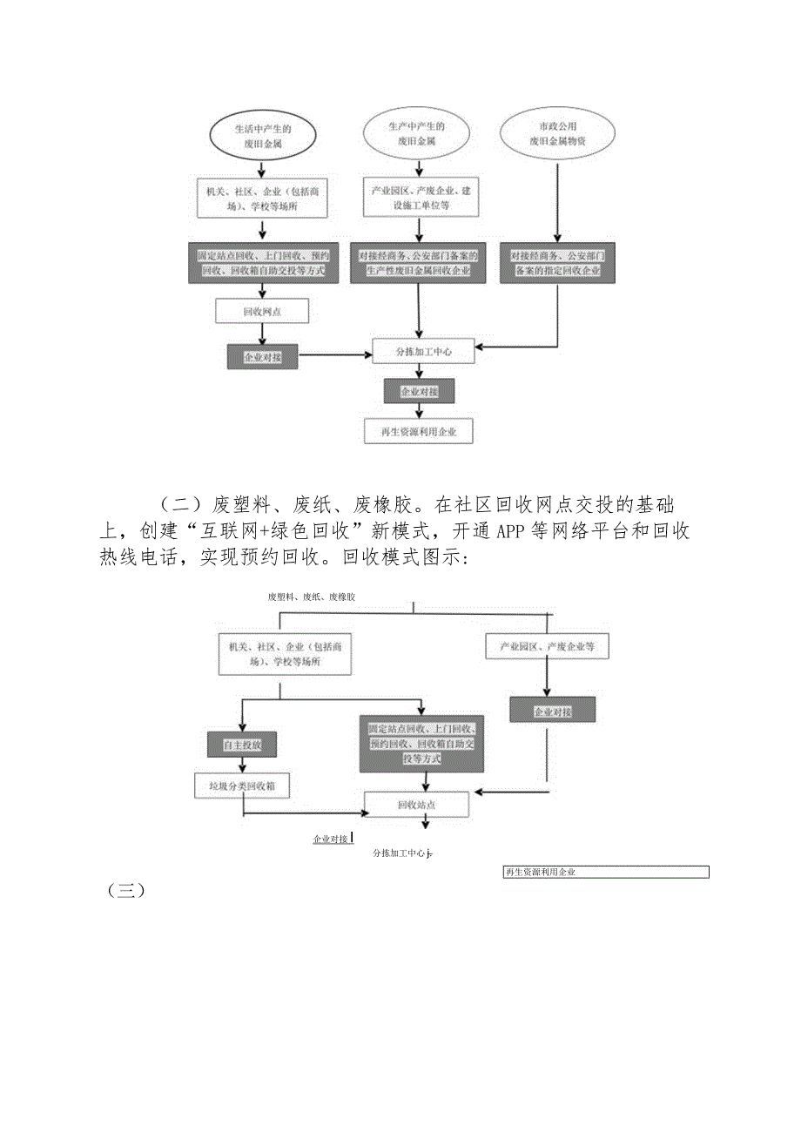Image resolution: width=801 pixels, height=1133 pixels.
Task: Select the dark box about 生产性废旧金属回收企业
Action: click(420, 263)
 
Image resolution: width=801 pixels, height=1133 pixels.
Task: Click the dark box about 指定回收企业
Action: click(557, 263)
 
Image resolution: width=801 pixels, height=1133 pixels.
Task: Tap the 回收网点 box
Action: click(262, 310)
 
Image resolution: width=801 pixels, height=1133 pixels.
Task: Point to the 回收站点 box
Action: click(416, 805)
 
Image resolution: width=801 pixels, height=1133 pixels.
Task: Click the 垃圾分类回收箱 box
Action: click(241, 786)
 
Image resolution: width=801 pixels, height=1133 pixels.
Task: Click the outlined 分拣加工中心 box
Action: click(423, 351)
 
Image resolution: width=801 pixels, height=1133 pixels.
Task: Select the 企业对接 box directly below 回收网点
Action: click(262, 356)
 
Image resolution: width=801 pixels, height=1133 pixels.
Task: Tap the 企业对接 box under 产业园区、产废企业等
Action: click(553, 711)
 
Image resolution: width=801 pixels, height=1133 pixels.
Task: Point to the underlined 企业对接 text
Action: click(330, 839)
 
